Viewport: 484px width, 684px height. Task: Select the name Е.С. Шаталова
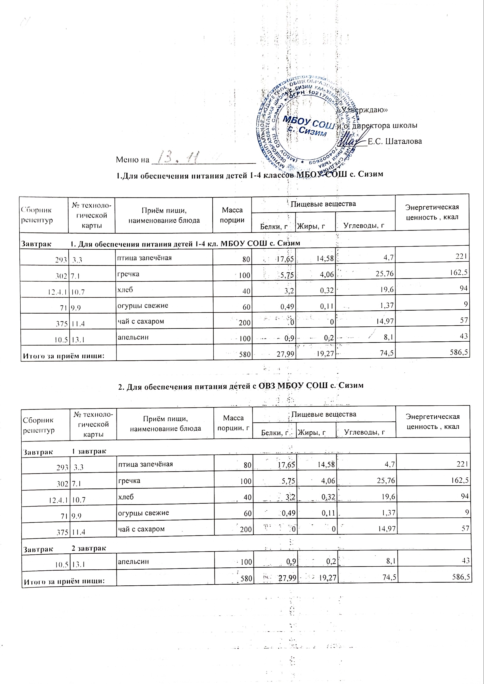pos(395,141)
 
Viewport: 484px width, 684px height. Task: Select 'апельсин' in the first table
pos(133,337)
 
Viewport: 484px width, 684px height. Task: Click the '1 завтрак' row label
pos(89,451)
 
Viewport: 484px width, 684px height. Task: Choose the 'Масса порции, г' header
pos(233,423)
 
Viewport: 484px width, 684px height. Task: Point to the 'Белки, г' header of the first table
pos(274,227)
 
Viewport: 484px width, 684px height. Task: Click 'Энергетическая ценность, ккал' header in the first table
pos(432,212)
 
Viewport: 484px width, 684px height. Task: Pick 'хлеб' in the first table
pos(125,289)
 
